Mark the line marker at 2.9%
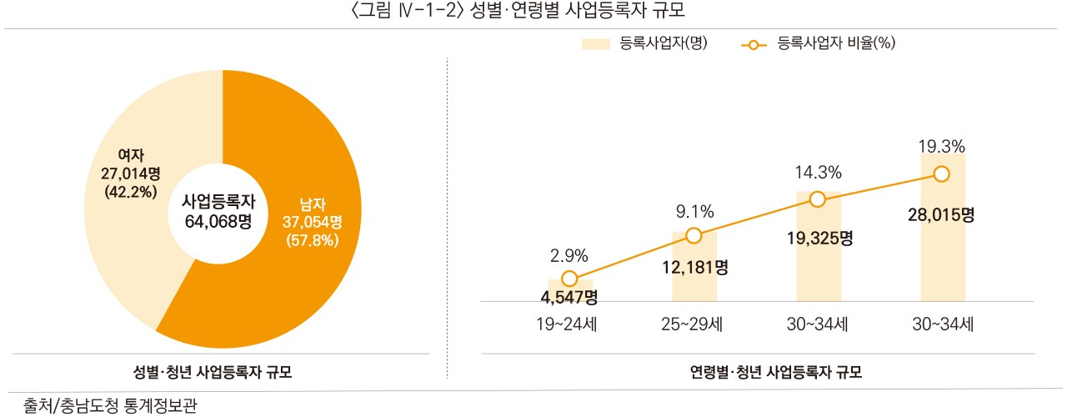click(569, 279)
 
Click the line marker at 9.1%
click(694, 235)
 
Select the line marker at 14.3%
click(818, 198)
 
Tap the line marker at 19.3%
click(942, 173)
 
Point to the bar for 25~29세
click(694, 284)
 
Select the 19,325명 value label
click(819, 238)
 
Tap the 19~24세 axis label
click(570, 324)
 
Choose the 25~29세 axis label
click(694, 324)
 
